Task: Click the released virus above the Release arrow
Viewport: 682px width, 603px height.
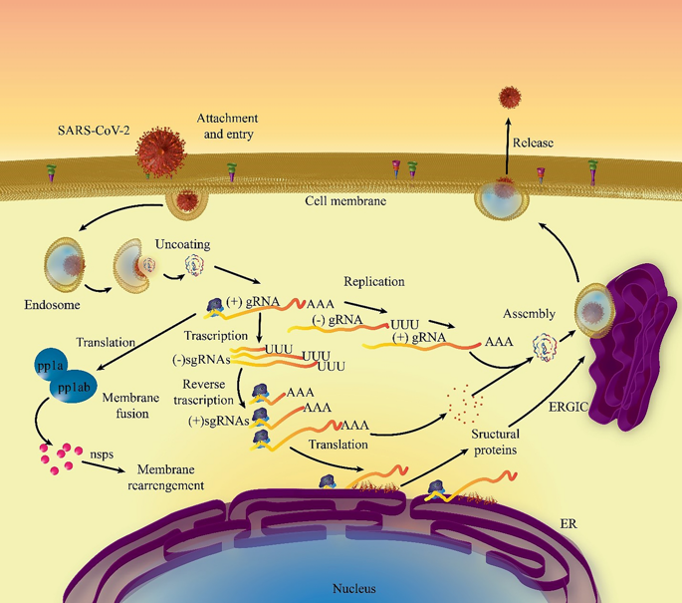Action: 512,98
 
